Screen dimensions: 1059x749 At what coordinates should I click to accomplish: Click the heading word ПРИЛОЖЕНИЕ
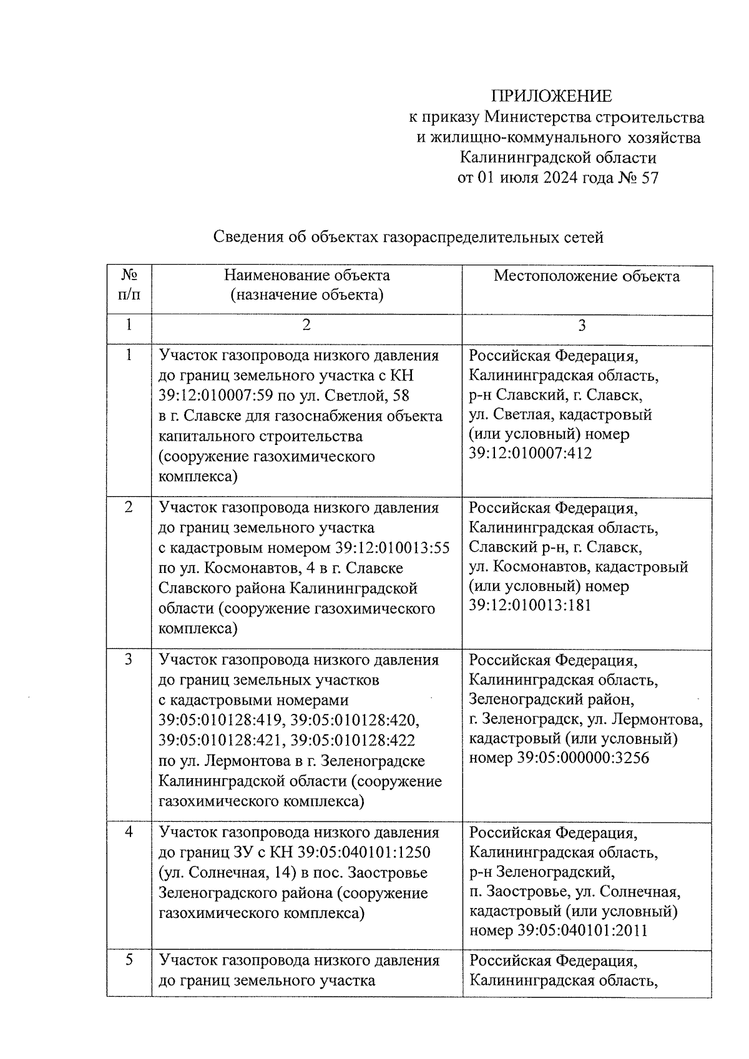coord(551,96)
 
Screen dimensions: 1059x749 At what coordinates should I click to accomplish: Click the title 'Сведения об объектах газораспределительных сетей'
coord(408,238)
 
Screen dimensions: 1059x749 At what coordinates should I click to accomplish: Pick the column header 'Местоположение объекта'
coord(586,276)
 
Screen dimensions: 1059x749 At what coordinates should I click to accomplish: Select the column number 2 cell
coord(306,325)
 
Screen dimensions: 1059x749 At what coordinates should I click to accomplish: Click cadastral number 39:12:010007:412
coord(530,454)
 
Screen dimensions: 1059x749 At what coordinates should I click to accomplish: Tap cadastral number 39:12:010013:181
coord(530,606)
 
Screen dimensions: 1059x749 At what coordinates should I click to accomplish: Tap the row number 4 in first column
coord(129,832)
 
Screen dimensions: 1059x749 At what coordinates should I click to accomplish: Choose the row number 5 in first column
coord(129,960)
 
